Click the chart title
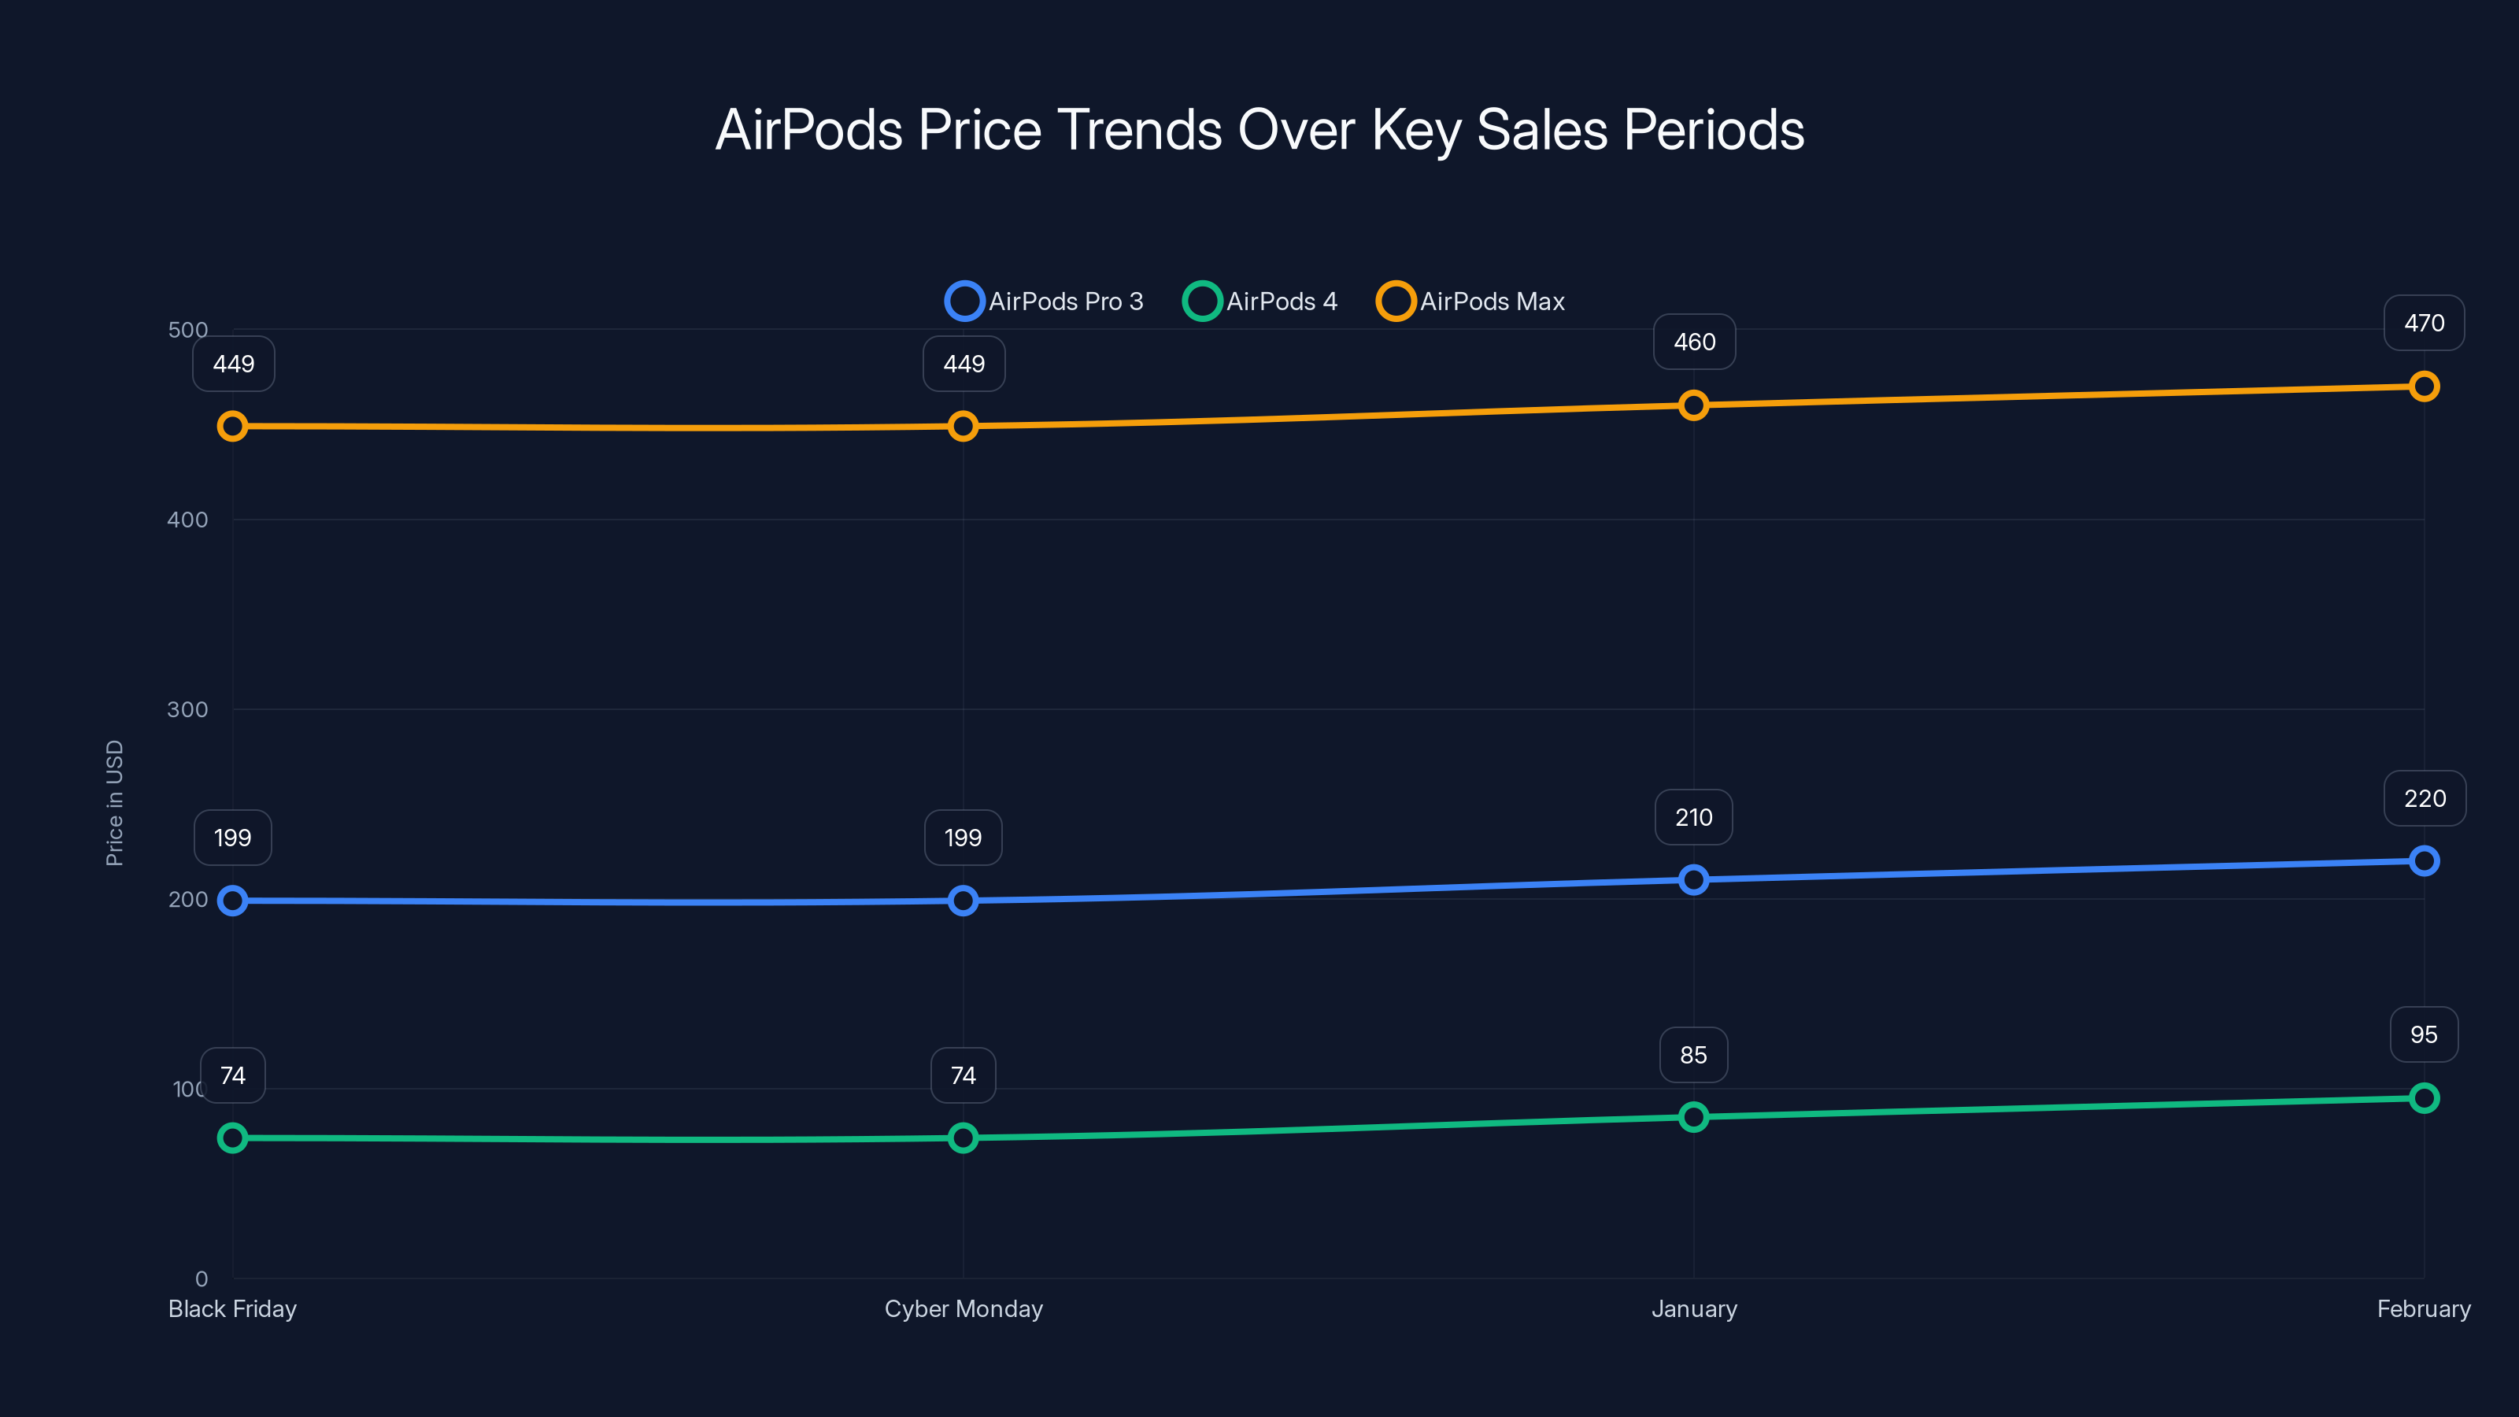[1259, 130]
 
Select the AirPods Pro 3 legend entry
[1045, 302]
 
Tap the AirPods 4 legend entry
[1260, 302]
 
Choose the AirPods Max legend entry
[1470, 302]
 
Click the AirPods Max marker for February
[2423, 387]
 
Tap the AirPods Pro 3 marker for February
[2423, 860]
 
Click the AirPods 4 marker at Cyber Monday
[964, 1138]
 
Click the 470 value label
[2423, 323]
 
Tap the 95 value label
[2423, 1034]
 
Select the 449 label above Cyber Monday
[964, 364]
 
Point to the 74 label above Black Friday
[233, 1075]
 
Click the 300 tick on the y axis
[188, 709]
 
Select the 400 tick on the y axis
[188, 520]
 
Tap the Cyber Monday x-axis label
[964, 1308]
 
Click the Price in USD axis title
[114, 802]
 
